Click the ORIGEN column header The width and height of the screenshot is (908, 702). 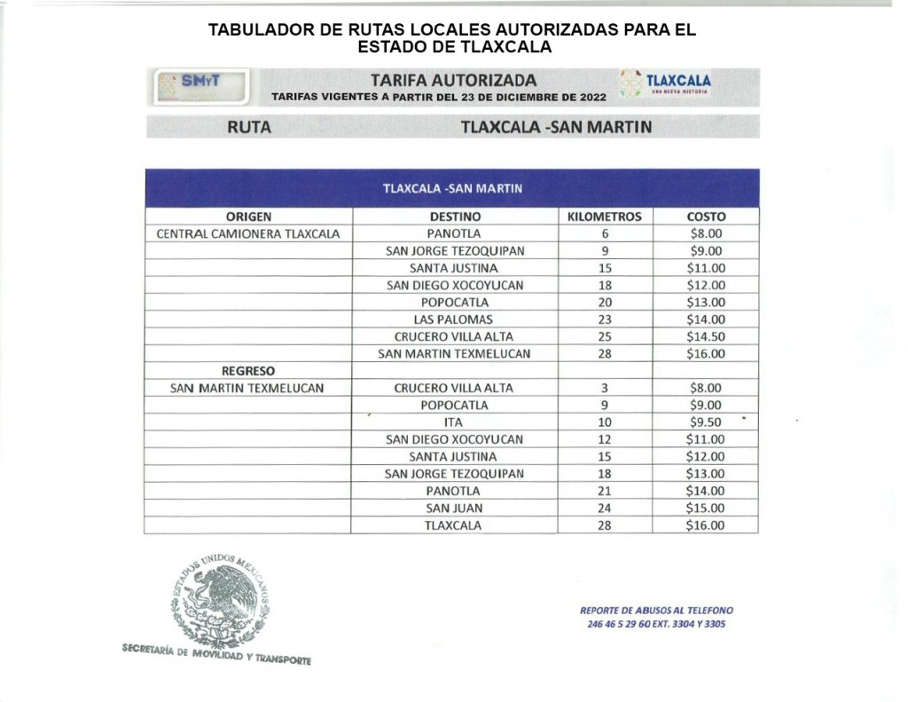point(248,217)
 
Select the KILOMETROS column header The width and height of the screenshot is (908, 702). point(604,217)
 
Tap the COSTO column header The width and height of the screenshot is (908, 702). point(706,217)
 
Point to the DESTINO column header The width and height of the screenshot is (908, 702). point(455,217)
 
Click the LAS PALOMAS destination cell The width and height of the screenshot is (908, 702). point(453,319)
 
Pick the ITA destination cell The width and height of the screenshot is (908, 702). point(453,422)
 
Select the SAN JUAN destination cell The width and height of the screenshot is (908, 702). point(453,509)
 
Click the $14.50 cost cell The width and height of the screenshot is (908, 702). point(706,336)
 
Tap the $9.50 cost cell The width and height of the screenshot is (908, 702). point(706,422)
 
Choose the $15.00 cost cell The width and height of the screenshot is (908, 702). point(706,509)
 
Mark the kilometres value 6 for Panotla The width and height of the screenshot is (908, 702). point(605,234)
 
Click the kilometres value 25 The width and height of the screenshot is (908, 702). point(605,336)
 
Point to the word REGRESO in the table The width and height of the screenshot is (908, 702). point(248,371)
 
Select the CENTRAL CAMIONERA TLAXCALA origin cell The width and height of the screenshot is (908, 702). point(248,234)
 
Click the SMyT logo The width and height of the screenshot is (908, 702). point(200,85)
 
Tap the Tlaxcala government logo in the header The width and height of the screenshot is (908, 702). point(665,83)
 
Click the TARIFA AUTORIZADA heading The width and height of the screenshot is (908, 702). point(453,80)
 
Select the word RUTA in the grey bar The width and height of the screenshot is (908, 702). point(249,127)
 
